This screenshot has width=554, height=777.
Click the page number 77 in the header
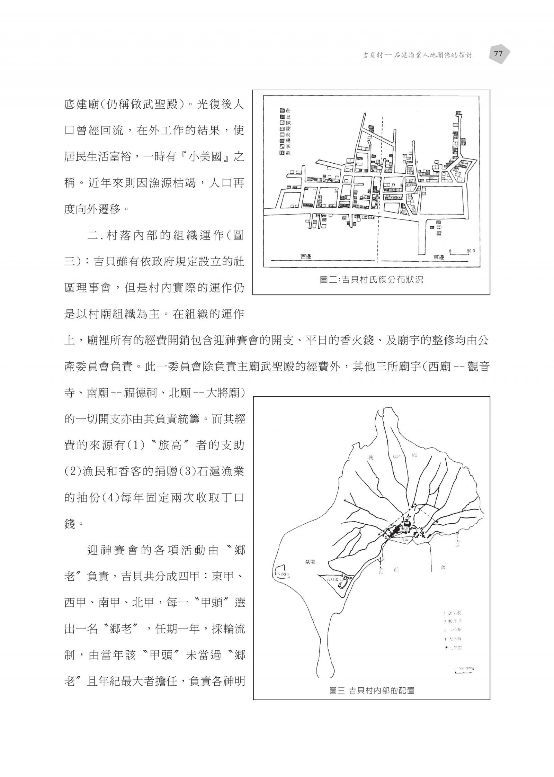(498, 54)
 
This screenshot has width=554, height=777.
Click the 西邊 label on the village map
(306, 257)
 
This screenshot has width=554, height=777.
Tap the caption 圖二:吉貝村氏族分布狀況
(371, 280)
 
